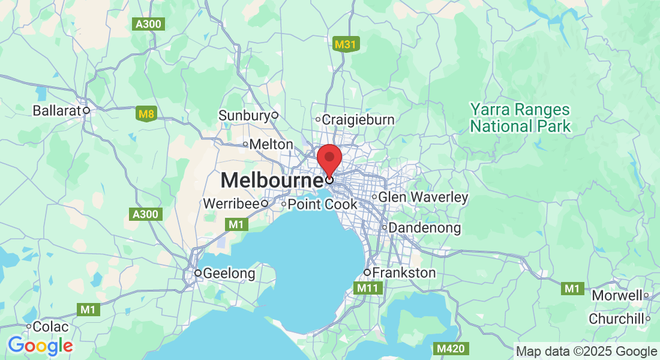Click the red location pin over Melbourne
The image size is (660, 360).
329,157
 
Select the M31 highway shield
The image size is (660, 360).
345,44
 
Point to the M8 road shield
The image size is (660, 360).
146,113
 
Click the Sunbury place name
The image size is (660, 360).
244,115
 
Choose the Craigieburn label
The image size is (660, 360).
358,119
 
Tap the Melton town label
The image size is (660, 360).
271,145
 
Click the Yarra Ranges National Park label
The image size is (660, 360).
520,118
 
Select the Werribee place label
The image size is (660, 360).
230,203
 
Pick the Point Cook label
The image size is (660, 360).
322,205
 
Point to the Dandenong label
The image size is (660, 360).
425,228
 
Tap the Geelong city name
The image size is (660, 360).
229,274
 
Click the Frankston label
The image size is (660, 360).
404,273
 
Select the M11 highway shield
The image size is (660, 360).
367,289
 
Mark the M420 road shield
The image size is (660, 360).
451,349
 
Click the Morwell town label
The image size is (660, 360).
617,295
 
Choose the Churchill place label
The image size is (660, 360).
616,319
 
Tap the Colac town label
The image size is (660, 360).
51,327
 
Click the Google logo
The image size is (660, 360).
40,346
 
